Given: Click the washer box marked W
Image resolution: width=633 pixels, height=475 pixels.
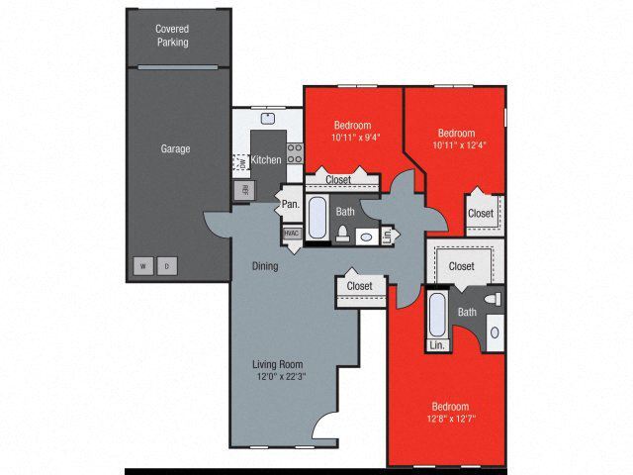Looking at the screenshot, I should (x=142, y=266).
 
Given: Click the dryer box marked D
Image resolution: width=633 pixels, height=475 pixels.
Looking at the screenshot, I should (x=167, y=266).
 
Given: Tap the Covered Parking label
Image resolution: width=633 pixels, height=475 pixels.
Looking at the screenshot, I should (x=171, y=36).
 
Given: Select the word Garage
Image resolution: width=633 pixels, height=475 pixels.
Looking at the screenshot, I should (x=175, y=149).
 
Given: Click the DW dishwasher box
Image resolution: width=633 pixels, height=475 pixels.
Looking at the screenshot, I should (x=239, y=162).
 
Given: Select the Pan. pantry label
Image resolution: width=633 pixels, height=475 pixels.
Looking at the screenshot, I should (x=290, y=204).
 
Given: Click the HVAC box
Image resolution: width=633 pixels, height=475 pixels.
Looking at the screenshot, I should (x=292, y=234).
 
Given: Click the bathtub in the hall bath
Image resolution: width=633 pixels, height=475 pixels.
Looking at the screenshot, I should (x=317, y=219).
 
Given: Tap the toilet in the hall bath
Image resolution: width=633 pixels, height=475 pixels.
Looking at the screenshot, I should (x=341, y=234).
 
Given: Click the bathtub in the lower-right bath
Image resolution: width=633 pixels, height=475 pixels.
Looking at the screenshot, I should (x=437, y=316).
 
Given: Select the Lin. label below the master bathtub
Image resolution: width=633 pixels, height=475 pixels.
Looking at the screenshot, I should (x=436, y=345).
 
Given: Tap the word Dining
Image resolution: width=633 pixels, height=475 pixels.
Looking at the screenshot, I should (x=264, y=266).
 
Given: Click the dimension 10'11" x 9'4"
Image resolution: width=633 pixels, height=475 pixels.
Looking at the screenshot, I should (x=352, y=139).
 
